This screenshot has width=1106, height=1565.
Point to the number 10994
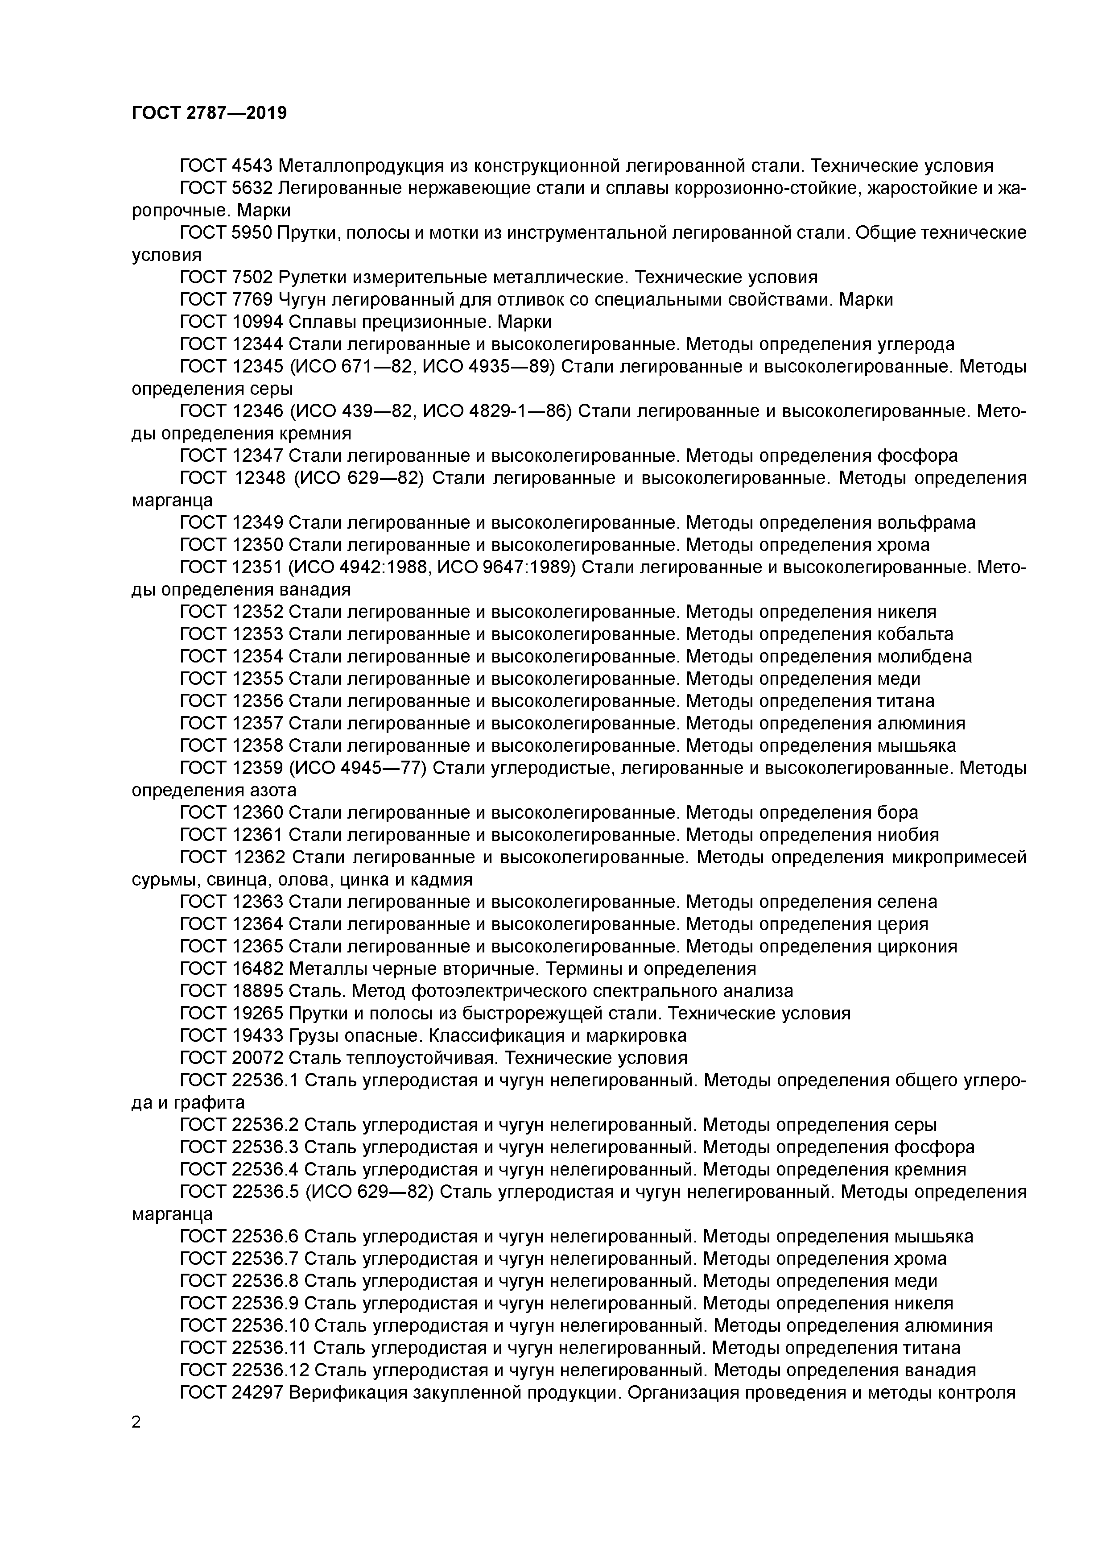tap(258, 322)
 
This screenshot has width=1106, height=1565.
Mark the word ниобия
tap(908, 835)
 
